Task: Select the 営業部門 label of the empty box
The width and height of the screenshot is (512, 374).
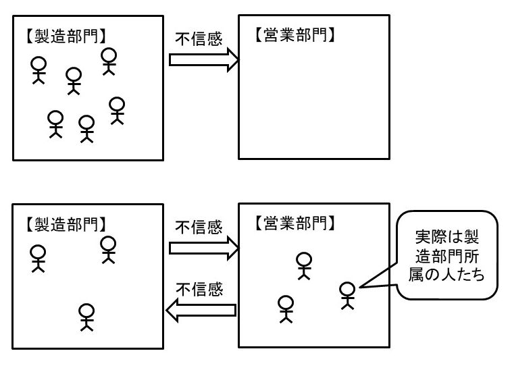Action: tap(295, 34)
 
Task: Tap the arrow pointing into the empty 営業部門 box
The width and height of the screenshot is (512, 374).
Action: tap(203, 59)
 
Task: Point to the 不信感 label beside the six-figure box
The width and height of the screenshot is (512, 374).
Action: tap(199, 39)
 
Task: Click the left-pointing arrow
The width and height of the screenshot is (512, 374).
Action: tap(201, 311)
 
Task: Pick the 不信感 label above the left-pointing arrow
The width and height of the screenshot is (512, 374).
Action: tap(199, 290)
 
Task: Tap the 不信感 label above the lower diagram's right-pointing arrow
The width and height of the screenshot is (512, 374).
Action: tap(199, 228)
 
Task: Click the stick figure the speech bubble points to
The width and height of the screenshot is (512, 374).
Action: tap(347, 295)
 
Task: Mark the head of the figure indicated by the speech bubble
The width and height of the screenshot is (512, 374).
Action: tap(347, 288)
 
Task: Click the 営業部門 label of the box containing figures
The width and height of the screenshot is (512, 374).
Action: tap(295, 221)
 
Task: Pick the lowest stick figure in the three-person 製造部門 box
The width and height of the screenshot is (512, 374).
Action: tap(86, 317)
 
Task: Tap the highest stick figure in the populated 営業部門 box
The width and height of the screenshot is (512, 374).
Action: tap(305, 265)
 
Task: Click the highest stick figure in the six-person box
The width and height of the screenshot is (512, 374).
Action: tap(109, 61)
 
